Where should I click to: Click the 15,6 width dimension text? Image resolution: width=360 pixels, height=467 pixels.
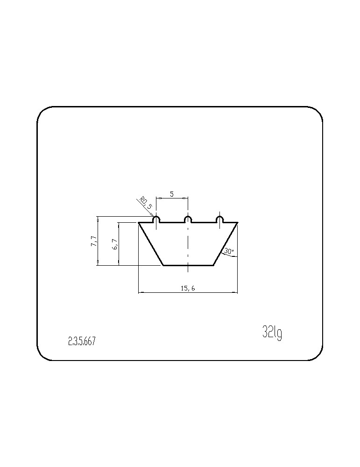(x=188, y=288)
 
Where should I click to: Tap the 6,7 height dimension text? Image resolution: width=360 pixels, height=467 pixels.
(x=115, y=244)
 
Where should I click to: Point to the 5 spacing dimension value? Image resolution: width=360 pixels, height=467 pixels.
(x=172, y=194)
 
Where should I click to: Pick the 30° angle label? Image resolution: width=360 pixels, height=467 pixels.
(x=229, y=251)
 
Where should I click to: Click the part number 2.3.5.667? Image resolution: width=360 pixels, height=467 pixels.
(x=82, y=341)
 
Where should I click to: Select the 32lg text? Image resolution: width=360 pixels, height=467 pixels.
(x=272, y=332)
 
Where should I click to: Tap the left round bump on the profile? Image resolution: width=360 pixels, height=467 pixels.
(x=156, y=219)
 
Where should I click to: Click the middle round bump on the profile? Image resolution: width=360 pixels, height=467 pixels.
(x=188, y=219)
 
